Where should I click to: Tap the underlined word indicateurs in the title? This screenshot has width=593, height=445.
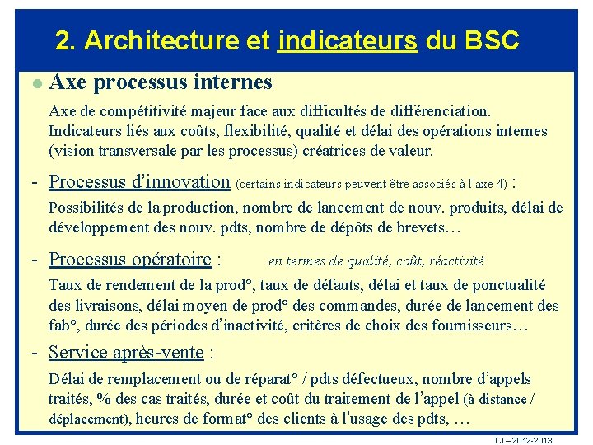(348, 40)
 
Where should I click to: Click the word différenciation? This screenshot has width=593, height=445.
(433, 110)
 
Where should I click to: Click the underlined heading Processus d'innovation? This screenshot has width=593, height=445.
(139, 181)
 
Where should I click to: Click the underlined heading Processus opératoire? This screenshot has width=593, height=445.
(130, 260)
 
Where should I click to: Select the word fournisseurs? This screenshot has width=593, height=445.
(473, 326)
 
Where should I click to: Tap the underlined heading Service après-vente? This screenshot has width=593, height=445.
(126, 353)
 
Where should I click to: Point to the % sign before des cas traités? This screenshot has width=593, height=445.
(104, 399)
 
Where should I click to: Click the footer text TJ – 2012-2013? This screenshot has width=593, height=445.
(523, 440)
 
